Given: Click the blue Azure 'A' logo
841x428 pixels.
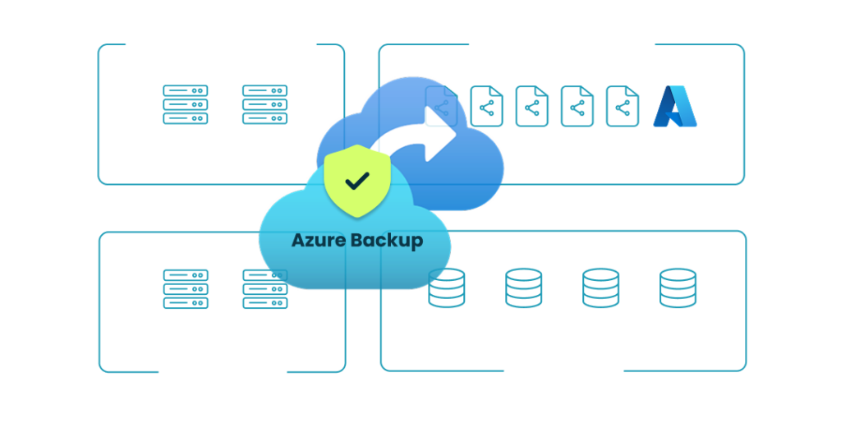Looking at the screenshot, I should [x=674, y=107].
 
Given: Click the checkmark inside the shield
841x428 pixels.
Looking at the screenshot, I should [x=356, y=180].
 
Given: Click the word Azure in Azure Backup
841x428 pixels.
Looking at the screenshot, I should [x=320, y=241].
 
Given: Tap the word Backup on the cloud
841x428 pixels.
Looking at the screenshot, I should [x=388, y=241].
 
